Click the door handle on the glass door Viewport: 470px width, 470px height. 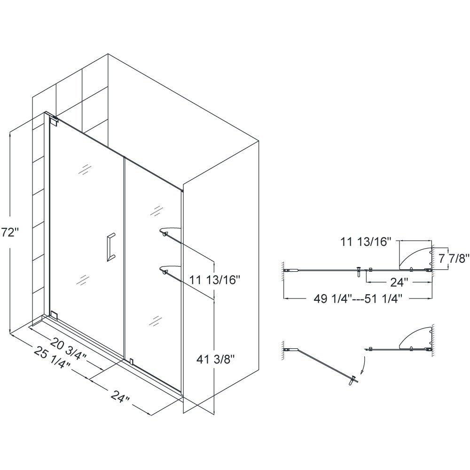(x=109, y=246)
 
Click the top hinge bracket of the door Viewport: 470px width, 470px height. (x=55, y=120)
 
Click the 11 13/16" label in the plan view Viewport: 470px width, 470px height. (x=367, y=242)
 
